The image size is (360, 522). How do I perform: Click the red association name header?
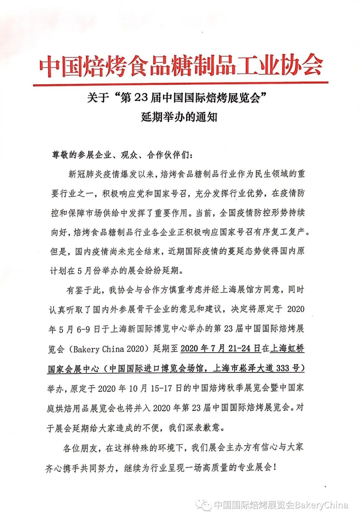[x=181, y=65]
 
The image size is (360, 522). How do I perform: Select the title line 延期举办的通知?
[x=179, y=117]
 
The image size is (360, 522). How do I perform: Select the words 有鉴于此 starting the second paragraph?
[x=83, y=290]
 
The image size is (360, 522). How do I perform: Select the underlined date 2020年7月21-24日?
[x=220, y=349]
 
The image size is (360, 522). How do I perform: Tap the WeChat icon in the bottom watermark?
[x=204, y=505]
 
